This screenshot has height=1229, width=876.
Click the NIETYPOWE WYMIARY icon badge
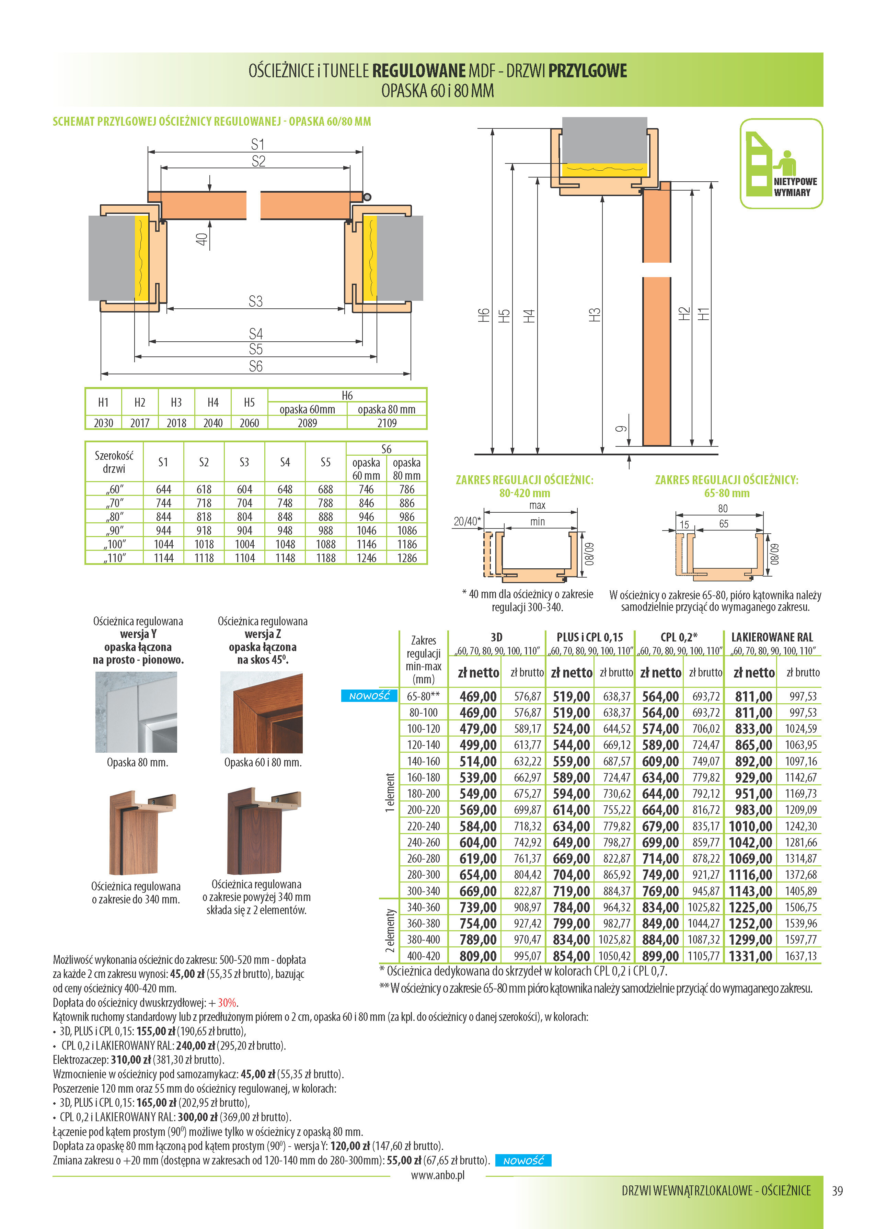pyautogui.click(x=781, y=163)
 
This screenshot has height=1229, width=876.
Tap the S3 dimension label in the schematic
pyautogui.click(x=256, y=301)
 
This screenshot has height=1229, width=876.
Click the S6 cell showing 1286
pyautogui.click(x=407, y=558)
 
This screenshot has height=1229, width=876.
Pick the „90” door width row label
pyautogui.click(x=114, y=530)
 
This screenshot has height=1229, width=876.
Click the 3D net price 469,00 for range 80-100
pyautogui.click(x=477, y=713)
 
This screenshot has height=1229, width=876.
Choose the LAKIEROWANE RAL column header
pyautogui.click(x=772, y=637)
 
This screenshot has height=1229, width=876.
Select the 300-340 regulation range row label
pyautogui.click(x=424, y=891)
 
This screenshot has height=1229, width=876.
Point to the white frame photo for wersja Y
pyautogui.click(x=136, y=712)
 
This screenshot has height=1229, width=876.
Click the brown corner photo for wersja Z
pyautogui.click(x=262, y=712)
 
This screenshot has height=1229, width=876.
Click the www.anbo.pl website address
pyautogui.click(x=437, y=1175)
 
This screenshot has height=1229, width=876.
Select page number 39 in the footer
pyautogui.click(x=837, y=1191)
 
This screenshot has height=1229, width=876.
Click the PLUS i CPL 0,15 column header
pyautogui.click(x=590, y=637)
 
